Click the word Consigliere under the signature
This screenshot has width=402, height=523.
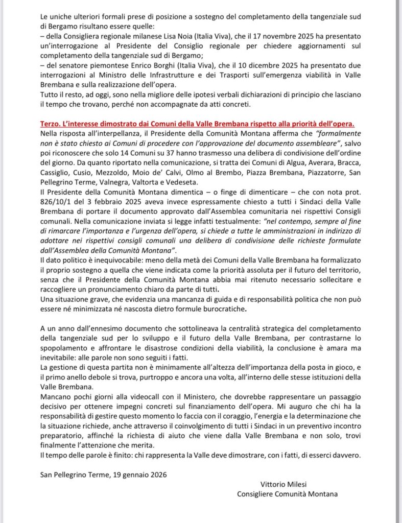click(x=258, y=493)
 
